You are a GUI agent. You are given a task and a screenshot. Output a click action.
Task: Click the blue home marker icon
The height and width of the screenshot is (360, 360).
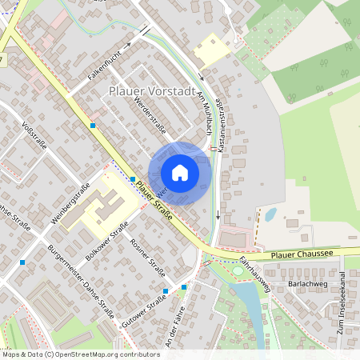click(x=179, y=172)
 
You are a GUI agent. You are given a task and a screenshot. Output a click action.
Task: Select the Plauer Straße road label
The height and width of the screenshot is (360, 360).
click(x=154, y=202)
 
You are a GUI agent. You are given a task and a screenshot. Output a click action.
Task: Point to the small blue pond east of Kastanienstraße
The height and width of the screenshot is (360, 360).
click(x=271, y=214)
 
